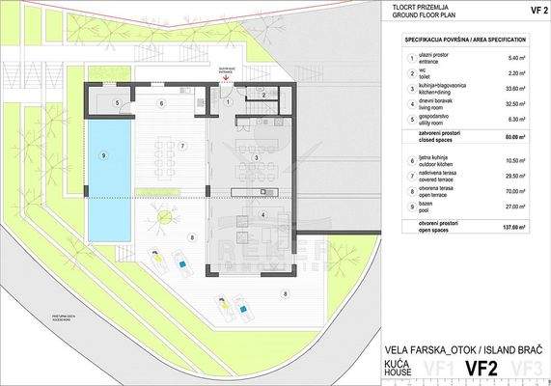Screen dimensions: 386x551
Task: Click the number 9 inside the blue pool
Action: coord(102,156)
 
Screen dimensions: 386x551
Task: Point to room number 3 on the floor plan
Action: coord(256,157)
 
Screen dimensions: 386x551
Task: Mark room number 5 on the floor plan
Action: coord(117,102)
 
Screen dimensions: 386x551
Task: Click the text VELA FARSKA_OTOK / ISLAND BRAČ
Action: coord(463,347)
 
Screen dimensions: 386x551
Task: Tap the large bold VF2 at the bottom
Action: coord(484,368)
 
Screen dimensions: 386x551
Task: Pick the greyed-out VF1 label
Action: coord(442,368)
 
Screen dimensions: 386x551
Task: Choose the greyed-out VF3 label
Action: coord(528,368)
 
